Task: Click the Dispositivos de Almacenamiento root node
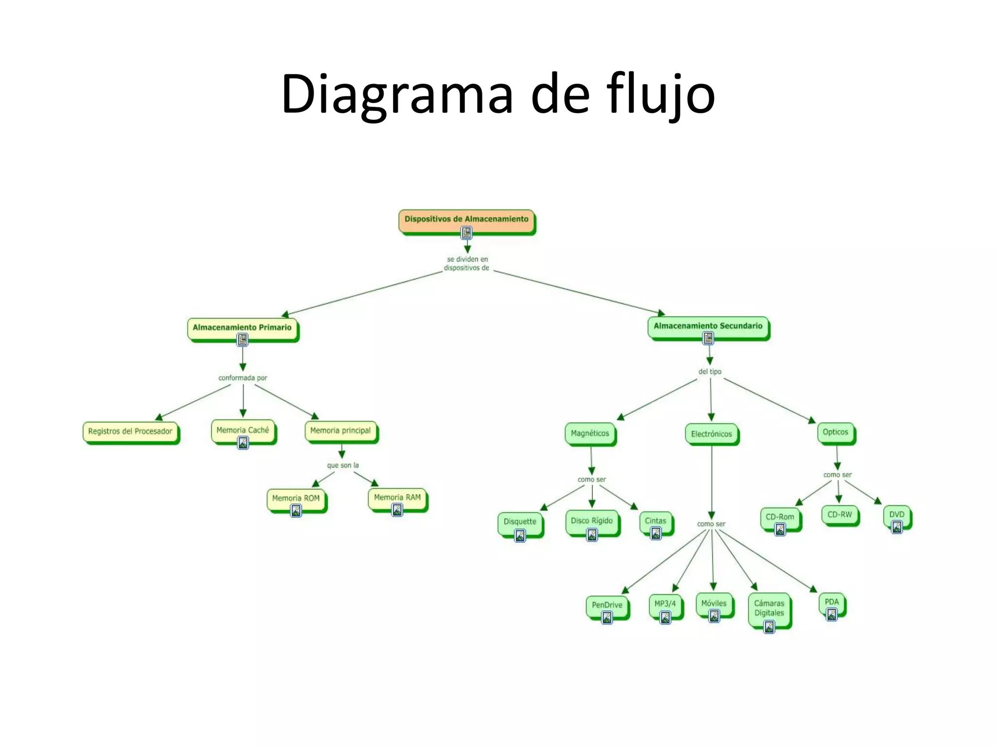click(x=466, y=220)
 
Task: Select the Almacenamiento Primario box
click(x=242, y=328)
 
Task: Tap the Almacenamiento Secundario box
click(x=708, y=326)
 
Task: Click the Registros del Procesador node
click(x=130, y=431)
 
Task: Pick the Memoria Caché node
click(x=243, y=430)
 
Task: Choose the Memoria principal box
click(x=340, y=431)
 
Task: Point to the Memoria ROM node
click(x=296, y=498)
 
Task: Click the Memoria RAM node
click(x=397, y=498)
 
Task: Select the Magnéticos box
click(x=590, y=433)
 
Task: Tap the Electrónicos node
click(x=711, y=434)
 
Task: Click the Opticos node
click(x=836, y=432)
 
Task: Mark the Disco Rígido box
click(x=592, y=521)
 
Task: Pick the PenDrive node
click(x=607, y=605)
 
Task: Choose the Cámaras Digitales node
click(x=769, y=608)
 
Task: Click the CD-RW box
click(x=840, y=515)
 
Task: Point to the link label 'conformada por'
click(x=243, y=378)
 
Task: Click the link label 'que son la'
click(x=343, y=465)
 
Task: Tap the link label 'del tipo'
click(x=710, y=372)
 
